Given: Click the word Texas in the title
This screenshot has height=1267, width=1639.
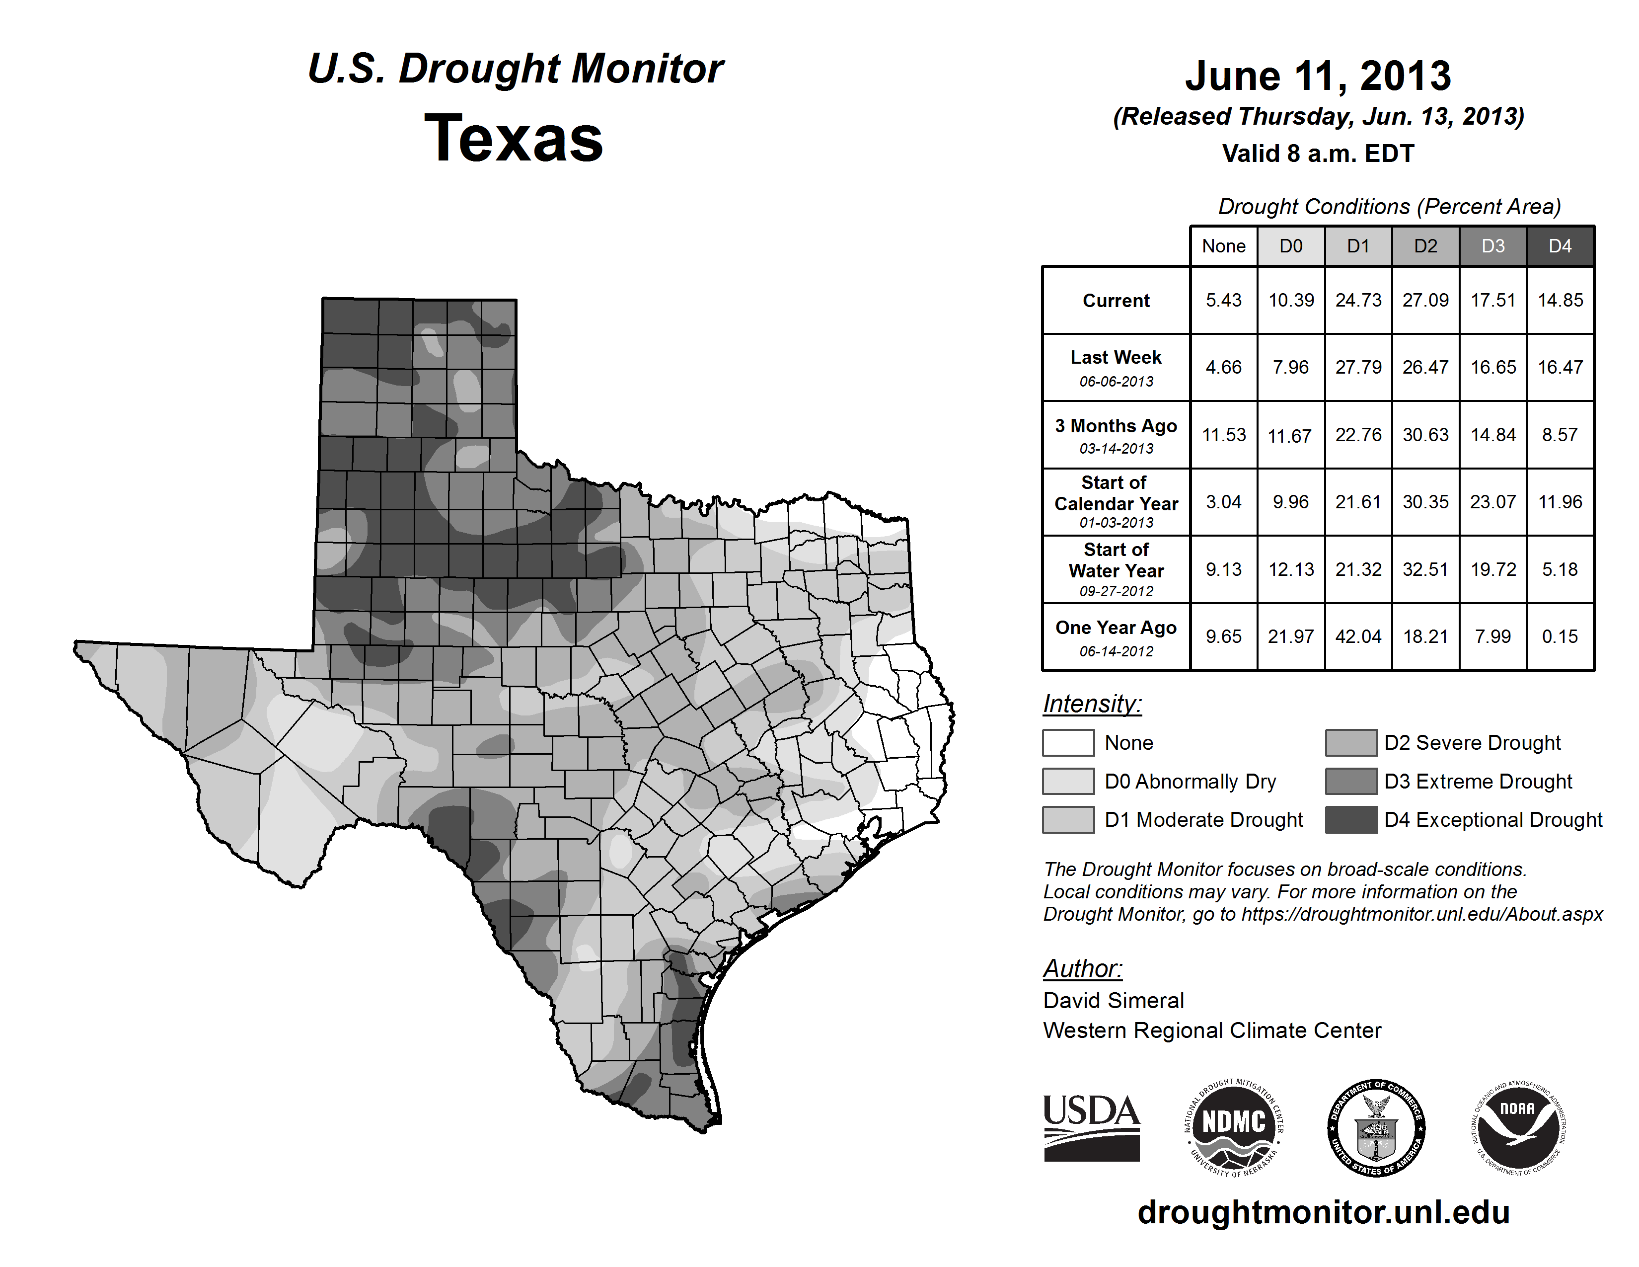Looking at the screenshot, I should [514, 139].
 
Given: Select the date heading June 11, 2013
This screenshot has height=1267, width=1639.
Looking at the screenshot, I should [1318, 76].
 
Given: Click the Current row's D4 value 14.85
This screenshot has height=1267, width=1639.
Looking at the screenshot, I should [1560, 300].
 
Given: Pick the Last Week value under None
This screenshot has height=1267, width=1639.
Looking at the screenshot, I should [1223, 367].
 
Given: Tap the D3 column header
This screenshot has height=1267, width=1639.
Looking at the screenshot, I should [1492, 246].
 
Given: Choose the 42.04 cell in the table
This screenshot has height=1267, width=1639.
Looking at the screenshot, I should [1358, 636].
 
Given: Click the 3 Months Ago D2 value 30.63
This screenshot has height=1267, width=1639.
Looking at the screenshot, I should [1425, 435].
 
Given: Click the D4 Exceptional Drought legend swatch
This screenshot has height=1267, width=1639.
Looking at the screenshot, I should [1351, 820].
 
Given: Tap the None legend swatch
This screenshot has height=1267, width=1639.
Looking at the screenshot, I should [1068, 742].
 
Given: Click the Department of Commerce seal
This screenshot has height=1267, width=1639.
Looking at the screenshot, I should [1376, 1127].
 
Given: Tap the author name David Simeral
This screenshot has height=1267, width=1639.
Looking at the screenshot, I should [1113, 1001].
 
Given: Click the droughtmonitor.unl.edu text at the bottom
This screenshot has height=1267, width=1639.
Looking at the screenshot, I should [1323, 1212].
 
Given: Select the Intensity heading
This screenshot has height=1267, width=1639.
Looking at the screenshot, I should [1092, 704].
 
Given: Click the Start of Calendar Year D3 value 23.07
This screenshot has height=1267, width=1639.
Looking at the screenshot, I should [1492, 501].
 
